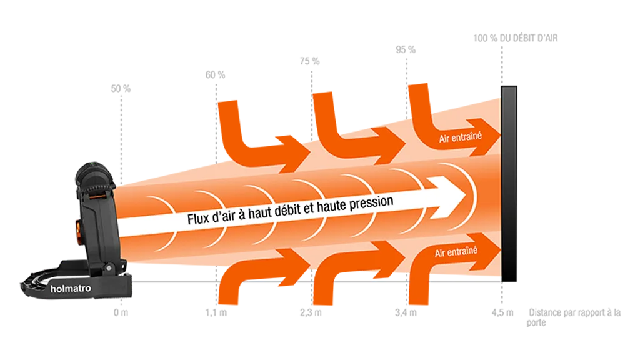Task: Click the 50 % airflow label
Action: coord(121,89)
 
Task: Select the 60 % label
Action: coord(215,75)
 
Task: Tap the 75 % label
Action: coord(310,61)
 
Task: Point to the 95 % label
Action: coord(406,50)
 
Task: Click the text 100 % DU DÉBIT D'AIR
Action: coord(516,38)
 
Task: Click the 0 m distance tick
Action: coord(121,312)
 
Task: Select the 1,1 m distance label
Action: coord(216,313)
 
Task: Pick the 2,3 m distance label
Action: coord(311,313)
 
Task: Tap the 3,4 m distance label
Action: coord(406,313)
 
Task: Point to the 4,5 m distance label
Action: coord(502,313)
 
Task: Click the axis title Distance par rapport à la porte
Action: coord(574,317)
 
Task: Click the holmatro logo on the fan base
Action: coord(71,289)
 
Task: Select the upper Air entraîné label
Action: coord(461,137)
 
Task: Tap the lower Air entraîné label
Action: coord(456,251)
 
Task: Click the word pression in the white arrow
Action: coord(371,203)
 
